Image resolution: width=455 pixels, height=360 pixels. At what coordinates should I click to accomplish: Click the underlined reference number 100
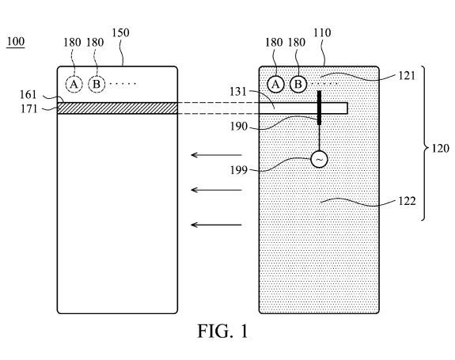point(16,42)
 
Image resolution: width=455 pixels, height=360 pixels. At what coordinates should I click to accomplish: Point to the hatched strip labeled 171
point(118,108)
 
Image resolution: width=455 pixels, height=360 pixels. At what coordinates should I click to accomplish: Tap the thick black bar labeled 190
point(319,108)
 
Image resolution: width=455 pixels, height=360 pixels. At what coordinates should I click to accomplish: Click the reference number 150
point(121,32)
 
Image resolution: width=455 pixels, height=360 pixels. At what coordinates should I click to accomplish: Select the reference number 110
point(322,32)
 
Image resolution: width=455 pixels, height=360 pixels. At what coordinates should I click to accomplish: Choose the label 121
point(407,76)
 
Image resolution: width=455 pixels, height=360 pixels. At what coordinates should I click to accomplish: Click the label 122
point(407,201)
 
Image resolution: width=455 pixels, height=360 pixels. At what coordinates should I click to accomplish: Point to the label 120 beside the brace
point(441,149)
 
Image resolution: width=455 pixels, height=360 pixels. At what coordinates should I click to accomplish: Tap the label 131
point(238,92)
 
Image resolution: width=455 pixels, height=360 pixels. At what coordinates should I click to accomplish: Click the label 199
point(238,170)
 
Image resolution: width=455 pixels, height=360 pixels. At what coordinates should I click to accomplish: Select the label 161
point(28,95)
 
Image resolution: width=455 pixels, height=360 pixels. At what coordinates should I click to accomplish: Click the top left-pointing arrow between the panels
point(216,155)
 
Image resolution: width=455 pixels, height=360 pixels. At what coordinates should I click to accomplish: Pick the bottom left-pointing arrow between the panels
point(216,225)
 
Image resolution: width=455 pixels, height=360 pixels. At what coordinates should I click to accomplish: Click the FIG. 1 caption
point(223,331)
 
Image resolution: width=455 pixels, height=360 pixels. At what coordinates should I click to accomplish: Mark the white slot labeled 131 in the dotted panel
point(304,108)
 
